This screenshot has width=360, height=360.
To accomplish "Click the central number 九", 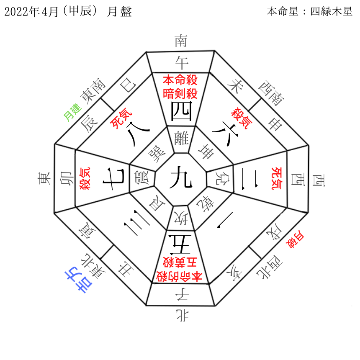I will (180, 178).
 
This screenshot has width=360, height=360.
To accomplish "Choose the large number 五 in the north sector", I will (180, 244).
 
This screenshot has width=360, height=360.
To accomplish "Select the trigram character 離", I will (180, 137).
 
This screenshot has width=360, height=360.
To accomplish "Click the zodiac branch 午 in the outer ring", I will (180, 62).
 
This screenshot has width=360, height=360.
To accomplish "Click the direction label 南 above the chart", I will (180, 41).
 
